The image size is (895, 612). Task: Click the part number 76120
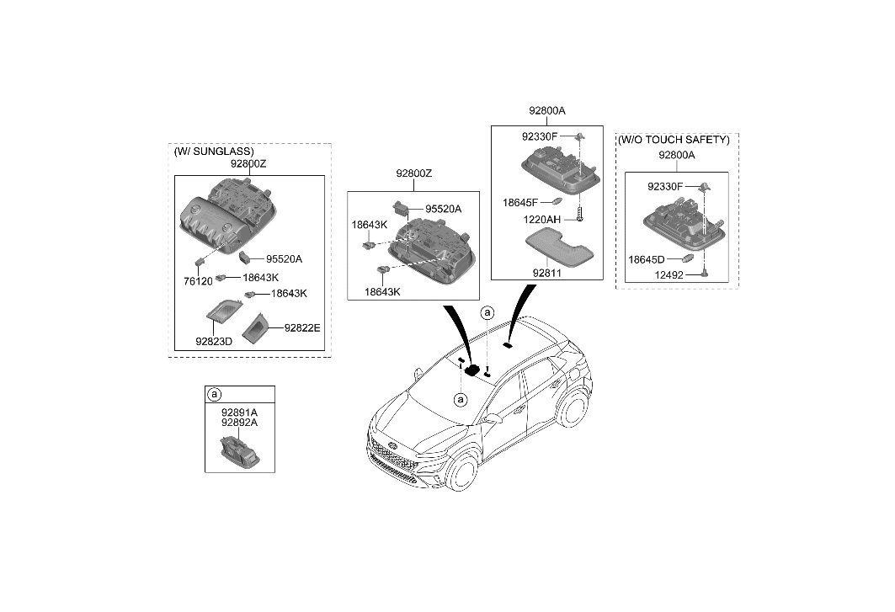click(x=199, y=281)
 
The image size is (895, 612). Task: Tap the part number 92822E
click(x=302, y=327)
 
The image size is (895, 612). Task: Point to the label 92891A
click(x=239, y=412)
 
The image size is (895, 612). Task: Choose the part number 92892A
click(x=239, y=423)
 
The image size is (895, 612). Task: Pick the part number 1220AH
click(x=542, y=219)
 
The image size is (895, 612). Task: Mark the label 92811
click(x=546, y=273)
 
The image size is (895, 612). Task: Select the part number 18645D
click(x=645, y=260)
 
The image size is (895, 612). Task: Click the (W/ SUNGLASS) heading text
click(x=214, y=152)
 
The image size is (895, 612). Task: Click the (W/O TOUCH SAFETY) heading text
click(x=674, y=140)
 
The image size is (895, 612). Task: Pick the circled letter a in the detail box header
click(x=215, y=394)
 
